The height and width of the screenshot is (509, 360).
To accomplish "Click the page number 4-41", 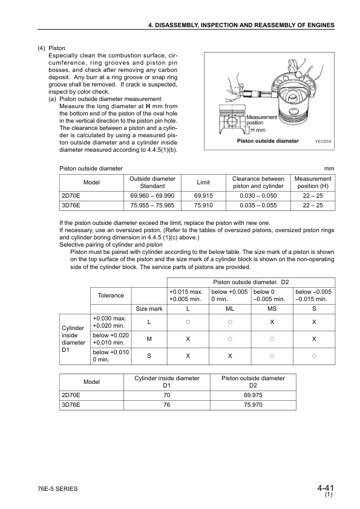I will click(x=325, y=488).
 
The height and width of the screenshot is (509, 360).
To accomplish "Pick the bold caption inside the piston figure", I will click(x=267, y=141).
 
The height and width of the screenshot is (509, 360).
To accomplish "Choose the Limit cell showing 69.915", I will click(x=203, y=196).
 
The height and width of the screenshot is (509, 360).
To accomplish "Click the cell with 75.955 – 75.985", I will click(x=152, y=206).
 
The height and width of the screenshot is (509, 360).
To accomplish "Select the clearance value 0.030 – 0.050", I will click(x=258, y=196).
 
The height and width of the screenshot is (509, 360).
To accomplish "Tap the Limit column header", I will click(x=203, y=183).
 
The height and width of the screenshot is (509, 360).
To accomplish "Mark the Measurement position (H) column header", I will click(x=313, y=183).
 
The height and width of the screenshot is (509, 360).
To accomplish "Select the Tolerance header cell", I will click(x=111, y=295).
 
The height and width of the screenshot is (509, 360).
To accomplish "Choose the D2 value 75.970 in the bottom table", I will click(x=253, y=405).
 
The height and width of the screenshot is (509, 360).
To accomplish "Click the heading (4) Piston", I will click(x=51, y=47).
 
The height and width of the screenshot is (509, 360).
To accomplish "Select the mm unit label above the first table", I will click(x=330, y=168).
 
